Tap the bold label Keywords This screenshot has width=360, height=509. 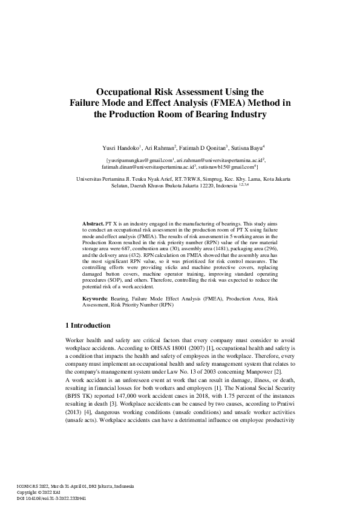pos(95,299)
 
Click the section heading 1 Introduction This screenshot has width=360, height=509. pos(88,325)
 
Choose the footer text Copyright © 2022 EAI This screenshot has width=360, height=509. pos(40,493)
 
